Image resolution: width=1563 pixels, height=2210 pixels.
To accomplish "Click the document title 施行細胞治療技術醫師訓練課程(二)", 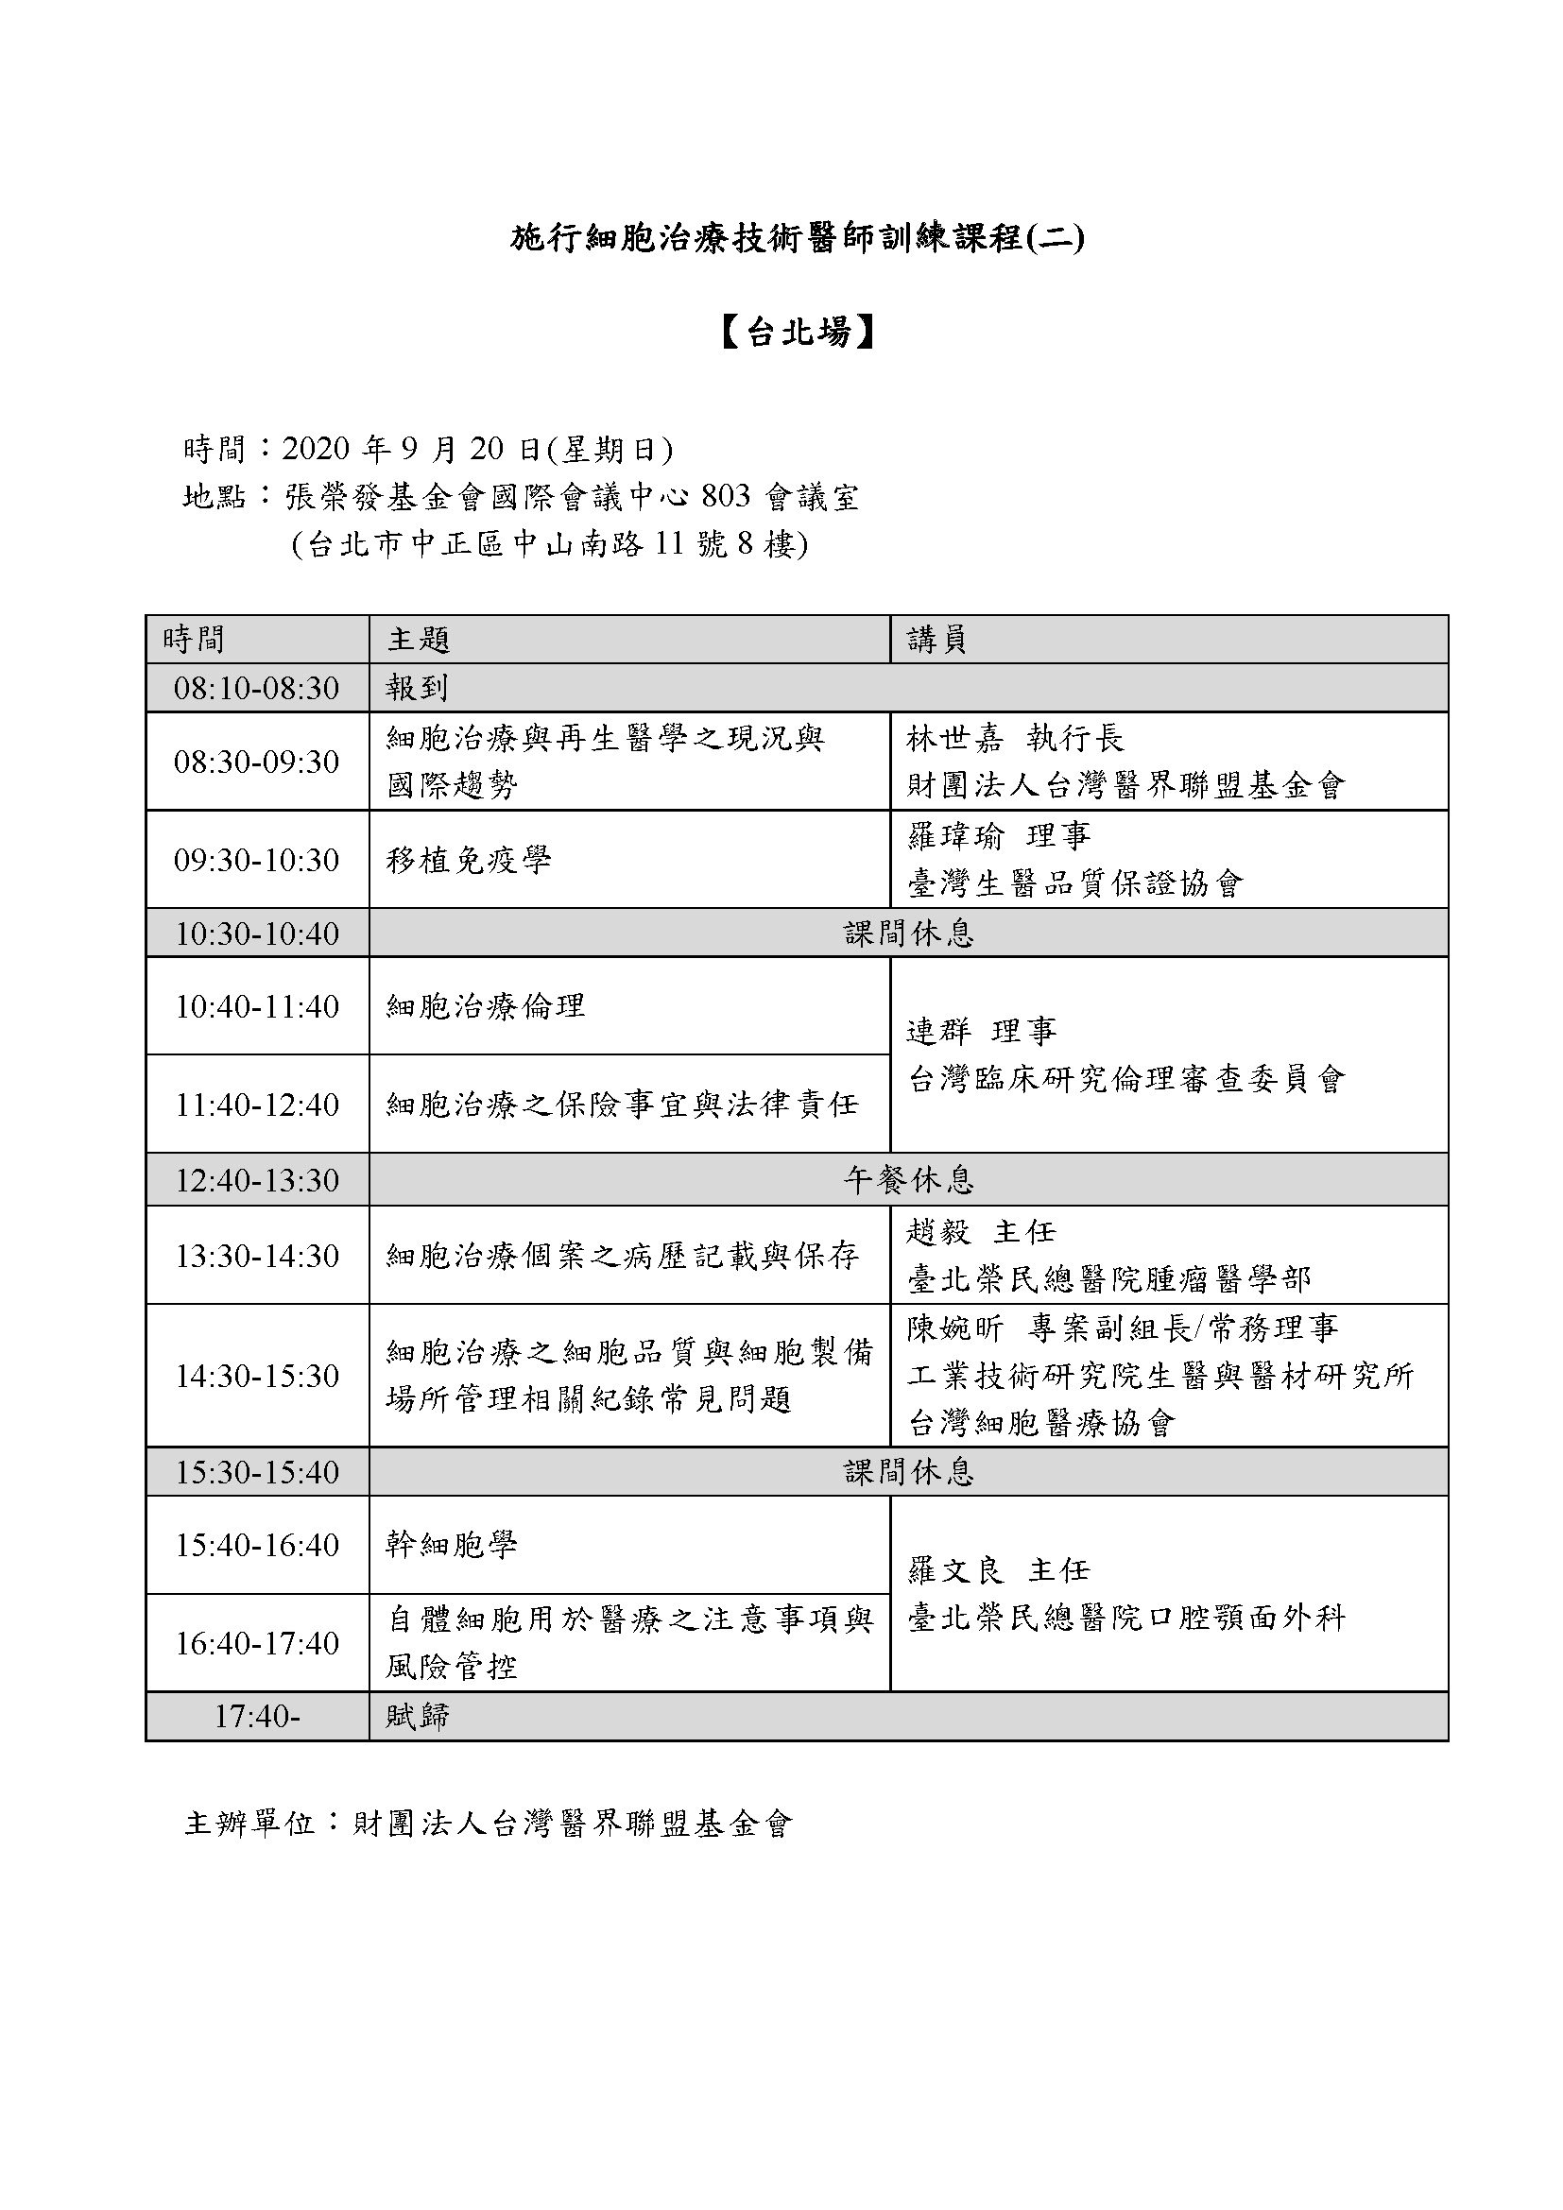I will tap(797, 238).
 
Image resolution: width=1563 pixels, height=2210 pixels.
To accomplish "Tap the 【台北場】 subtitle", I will tap(798, 332).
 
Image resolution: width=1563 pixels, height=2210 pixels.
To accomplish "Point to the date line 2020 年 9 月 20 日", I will tap(427, 449).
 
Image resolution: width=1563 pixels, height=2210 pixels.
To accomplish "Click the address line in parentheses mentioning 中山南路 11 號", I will tap(549, 545).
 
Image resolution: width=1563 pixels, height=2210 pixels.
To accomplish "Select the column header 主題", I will tap(419, 639).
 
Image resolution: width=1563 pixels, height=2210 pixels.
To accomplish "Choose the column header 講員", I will tap(936, 639).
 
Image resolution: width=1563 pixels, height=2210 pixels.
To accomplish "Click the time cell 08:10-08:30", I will tap(256, 688).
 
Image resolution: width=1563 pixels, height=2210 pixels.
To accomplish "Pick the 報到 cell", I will tap(417, 688).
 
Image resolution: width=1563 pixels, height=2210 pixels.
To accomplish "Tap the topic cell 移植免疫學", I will tap(469, 860).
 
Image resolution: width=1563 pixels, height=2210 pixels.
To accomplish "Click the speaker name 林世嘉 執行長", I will tap(1014, 738).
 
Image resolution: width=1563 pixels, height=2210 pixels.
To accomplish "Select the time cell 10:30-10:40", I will tap(256, 933).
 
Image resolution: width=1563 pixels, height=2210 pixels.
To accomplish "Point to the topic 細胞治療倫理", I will tap(486, 1006).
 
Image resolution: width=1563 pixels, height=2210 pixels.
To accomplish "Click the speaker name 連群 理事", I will tap(982, 1032).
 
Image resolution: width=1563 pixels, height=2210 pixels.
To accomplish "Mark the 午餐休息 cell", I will tap(908, 1180).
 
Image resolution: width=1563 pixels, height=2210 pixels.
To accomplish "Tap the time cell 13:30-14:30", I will tap(256, 1256).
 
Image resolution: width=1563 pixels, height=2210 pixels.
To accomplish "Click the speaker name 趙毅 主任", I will tap(981, 1232).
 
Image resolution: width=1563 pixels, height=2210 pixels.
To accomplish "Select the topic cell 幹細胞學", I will tap(452, 1545).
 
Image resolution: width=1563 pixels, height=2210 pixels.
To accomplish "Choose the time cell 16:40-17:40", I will tap(256, 1643).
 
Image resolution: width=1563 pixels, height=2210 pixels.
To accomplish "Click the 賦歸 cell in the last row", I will tap(417, 1716).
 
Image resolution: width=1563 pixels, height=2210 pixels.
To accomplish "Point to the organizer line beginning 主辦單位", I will tap(488, 1823).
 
